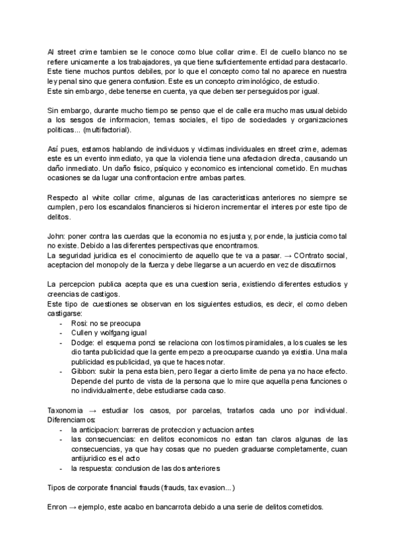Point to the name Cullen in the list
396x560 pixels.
(x=82, y=332)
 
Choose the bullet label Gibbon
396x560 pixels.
(x=84, y=371)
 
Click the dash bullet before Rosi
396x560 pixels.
(x=61, y=322)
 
